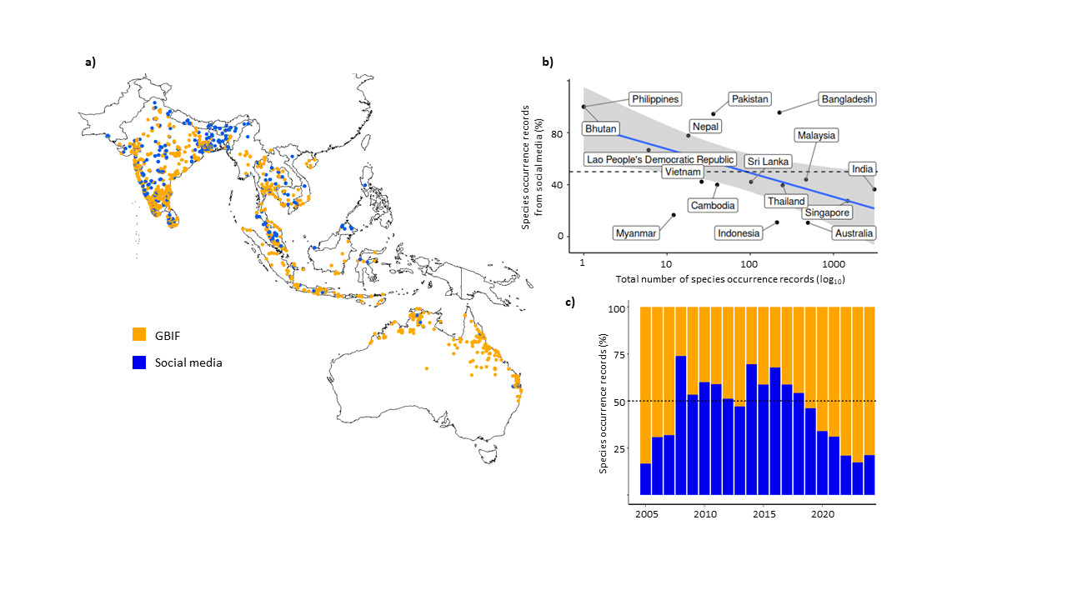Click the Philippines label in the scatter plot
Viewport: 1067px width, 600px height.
coord(655,99)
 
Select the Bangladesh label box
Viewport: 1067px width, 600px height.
coord(847,99)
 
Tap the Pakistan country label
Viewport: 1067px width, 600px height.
coord(749,99)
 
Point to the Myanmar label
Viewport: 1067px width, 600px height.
coord(636,233)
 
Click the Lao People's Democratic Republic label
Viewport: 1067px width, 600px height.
coord(659,159)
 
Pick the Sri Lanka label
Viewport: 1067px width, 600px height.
coord(768,161)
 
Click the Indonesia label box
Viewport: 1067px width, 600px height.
coord(739,233)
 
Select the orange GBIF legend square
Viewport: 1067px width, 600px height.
coord(140,334)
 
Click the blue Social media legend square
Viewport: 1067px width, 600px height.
coord(140,362)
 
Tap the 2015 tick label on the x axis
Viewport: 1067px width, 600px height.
coord(764,514)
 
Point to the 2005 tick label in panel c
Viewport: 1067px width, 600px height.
coord(645,514)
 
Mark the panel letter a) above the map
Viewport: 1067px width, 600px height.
coord(90,62)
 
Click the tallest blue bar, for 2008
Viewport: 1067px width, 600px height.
coord(680,425)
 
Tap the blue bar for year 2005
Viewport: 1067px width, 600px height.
coord(645,479)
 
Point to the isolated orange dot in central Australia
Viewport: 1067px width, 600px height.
coord(427,367)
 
